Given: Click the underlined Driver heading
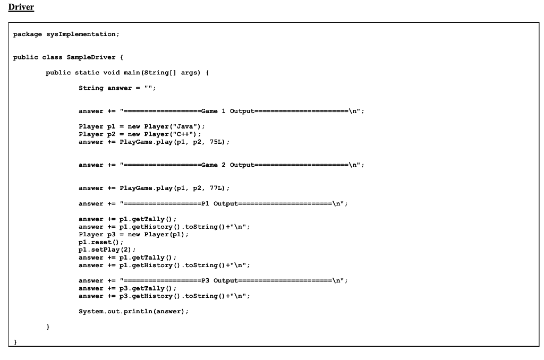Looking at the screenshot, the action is tap(21, 7).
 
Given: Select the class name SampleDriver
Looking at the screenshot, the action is tap(91, 57).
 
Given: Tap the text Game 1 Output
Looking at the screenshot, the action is tap(227, 111).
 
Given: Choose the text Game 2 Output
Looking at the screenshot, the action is tap(227, 165).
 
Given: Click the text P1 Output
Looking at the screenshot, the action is tap(219, 203).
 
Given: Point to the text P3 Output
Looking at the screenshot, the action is tap(219, 280).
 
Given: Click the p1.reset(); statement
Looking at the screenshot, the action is tap(100, 242).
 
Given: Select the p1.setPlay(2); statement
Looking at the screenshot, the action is tap(107, 250).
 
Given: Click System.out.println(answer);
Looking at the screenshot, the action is tap(133, 312).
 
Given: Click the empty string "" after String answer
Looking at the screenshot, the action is tap(148, 88).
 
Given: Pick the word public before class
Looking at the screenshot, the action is tap(25, 57).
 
